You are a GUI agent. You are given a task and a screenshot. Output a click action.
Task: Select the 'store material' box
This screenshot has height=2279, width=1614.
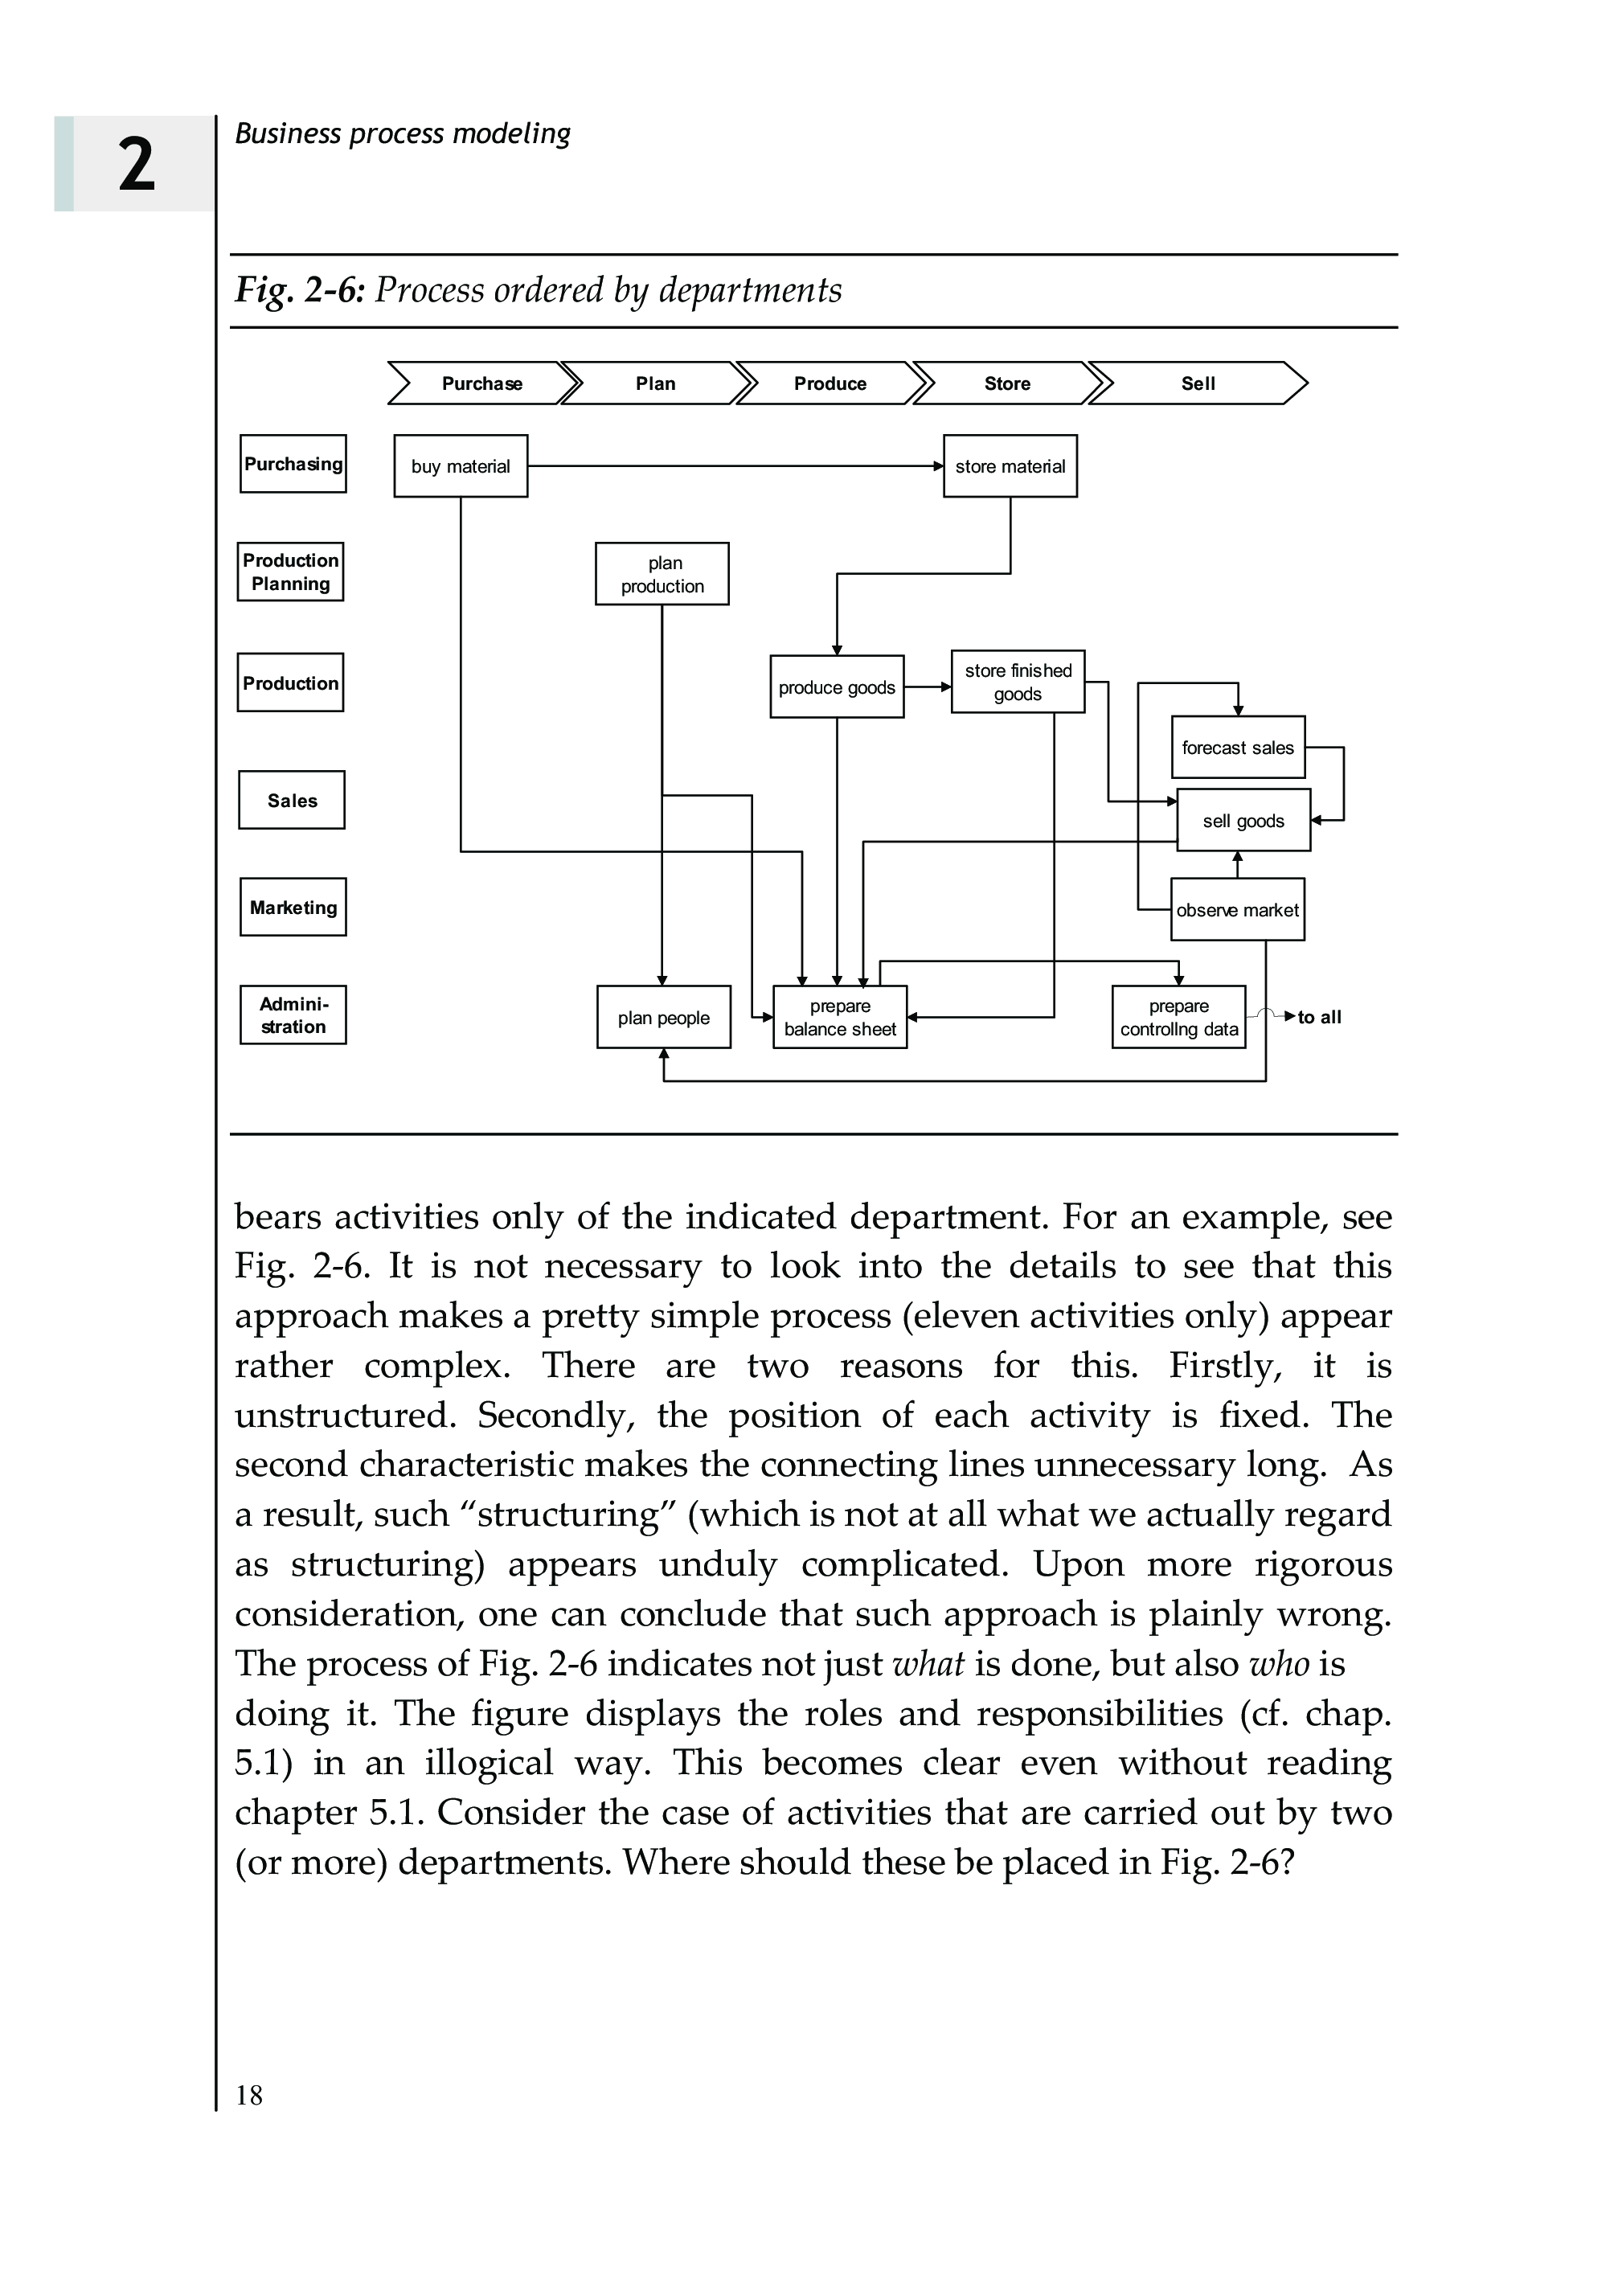pyautogui.click(x=1010, y=466)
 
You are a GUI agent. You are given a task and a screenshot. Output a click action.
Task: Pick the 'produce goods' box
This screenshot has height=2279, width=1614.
pyautogui.click(x=836, y=687)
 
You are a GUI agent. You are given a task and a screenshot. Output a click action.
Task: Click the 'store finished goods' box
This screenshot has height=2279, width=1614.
pyautogui.click(x=1018, y=682)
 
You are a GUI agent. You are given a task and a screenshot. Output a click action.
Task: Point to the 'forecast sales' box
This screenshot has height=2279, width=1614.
pyautogui.click(x=1237, y=748)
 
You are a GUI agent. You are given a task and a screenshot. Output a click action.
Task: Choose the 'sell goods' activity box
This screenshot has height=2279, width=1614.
pyautogui.click(x=1243, y=821)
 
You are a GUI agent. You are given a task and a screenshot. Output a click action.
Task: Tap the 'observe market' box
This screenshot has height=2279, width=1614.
pyautogui.click(x=1237, y=909)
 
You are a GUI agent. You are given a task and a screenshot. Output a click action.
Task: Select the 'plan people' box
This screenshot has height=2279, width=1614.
pyautogui.click(x=663, y=1018)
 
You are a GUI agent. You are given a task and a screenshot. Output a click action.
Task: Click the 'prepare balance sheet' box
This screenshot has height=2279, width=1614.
pyautogui.click(x=840, y=1018)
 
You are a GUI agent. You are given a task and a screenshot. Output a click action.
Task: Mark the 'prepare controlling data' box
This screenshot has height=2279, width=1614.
pyautogui.click(x=1178, y=1018)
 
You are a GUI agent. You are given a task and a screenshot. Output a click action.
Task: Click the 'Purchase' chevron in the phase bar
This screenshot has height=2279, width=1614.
pyautogui.click(x=482, y=383)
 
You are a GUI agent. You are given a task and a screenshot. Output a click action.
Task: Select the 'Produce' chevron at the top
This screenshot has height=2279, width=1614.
pyautogui.click(x=830, y=383)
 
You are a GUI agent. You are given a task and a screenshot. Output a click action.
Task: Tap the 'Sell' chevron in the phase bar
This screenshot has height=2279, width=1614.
pyautogui.click(x=1198, y=383)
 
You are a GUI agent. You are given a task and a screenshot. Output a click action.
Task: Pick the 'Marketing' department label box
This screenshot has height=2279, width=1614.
pyautogui.click(x=293, y=908)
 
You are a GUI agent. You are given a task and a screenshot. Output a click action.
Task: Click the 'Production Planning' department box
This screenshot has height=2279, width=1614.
pyautogui.click(x=290, y=572)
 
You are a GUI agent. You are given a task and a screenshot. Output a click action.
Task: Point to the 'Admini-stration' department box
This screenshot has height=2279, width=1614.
pyautogui.click(x=293, y=1014)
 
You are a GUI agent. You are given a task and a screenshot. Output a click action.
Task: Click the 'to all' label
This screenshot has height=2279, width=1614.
pyautogui.click(x=1319, y=1017)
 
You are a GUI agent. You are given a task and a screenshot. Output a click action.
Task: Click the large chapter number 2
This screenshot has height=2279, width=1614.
pyautogui.click(x=137, y=165)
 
